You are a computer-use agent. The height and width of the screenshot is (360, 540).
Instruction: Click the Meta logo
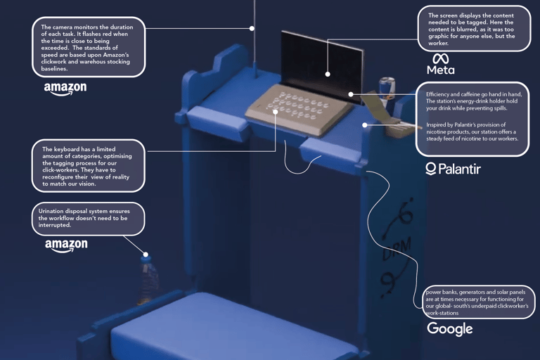441,64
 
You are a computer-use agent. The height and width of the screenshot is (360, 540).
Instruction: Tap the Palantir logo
454,169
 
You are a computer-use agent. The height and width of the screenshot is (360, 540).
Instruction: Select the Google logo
450,328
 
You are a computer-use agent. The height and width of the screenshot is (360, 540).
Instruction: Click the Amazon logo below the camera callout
65,89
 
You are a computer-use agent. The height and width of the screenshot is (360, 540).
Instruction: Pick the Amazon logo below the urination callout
66,245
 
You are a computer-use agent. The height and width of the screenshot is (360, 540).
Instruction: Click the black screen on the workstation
321,60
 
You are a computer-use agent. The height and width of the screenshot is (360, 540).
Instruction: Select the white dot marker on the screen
328,73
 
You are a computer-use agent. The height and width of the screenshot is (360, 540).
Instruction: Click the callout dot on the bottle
146,254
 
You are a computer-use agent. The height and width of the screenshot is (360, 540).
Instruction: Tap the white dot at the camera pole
252,29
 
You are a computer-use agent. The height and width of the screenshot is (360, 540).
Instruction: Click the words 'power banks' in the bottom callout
442,292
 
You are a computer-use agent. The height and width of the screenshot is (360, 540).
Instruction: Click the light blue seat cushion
232,330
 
